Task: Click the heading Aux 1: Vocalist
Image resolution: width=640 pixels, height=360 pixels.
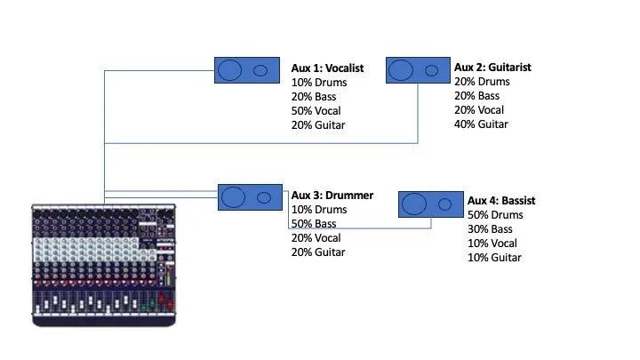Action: click(x=327, y=68)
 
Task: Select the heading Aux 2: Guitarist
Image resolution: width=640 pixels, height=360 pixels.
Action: click(x=492, y=68)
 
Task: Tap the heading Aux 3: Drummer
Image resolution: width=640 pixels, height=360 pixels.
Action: click(x=332, y=196)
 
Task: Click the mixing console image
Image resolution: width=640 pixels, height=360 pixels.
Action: click(x=103, y=261)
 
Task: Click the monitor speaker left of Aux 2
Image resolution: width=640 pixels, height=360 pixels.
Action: click(x=417, y=70)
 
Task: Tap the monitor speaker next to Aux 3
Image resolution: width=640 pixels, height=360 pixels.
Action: click(x=248, y=197)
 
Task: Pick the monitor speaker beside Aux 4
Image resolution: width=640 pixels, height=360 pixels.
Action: click(x=429, y=204)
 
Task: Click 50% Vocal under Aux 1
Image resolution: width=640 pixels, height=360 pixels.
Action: click(x=316, y=111)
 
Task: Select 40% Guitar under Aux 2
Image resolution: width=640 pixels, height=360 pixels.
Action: click(x=481, y=124)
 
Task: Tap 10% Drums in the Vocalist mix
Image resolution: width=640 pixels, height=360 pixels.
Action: click(x=318, y=83)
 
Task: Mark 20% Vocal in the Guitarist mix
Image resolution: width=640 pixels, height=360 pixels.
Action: click(x=478, y=110)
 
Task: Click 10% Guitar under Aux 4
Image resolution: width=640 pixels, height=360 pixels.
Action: click(x=494, y=258)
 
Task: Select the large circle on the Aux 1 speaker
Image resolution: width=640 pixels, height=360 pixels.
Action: click(x=230, y=70)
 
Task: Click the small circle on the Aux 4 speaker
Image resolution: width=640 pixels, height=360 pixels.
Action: click(x=444, y=204)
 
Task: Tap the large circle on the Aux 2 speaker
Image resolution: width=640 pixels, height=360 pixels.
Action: click(x=402, y=70)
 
